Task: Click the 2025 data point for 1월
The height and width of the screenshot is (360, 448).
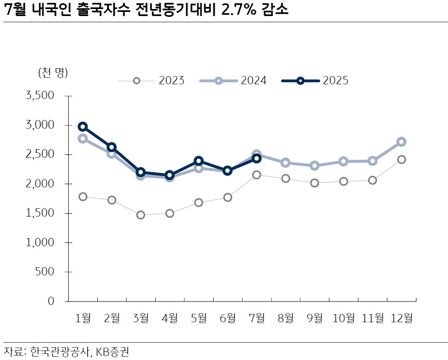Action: [83, 127]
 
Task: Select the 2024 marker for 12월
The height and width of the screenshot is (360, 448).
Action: [401, 142]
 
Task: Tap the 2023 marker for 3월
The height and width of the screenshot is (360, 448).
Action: [140, 215]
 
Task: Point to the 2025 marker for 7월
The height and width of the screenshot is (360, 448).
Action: [257, 158]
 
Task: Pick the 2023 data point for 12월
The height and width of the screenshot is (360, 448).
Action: [401, 159]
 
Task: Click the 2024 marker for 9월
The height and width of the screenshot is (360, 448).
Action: [315, 166]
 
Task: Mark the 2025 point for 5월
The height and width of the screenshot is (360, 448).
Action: [199, 161]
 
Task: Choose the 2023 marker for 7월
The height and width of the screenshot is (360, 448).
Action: [257, 175]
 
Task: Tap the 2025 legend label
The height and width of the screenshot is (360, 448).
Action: [335, 81]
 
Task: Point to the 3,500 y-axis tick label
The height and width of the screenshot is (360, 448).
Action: [40, 96]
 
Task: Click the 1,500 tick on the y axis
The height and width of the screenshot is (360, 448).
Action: [40, 213]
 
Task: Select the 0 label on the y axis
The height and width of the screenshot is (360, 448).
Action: [51, 301]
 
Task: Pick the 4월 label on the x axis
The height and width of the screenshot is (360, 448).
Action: [170, 318]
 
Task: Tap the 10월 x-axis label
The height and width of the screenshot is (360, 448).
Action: [344, 318]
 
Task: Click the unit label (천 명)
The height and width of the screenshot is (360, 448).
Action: [53, 73]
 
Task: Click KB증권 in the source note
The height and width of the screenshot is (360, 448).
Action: [115, 352]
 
